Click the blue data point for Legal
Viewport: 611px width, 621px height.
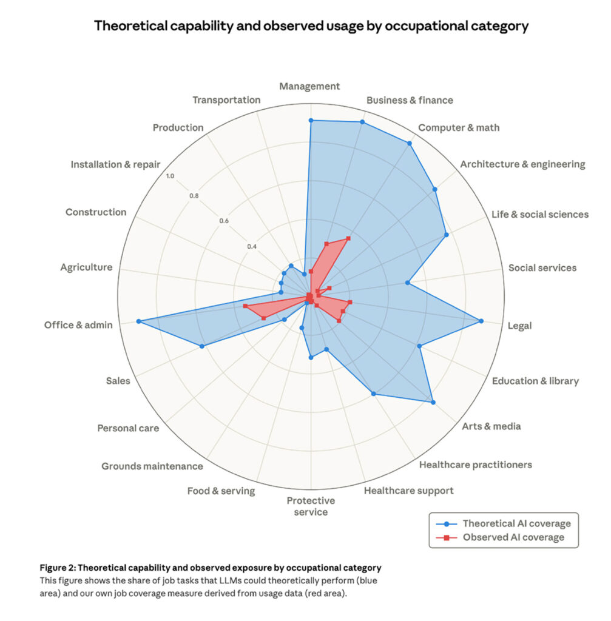tap(481, 321)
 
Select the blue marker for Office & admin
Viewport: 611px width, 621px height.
tap(138, 321)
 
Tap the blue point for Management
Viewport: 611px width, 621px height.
tap(311, 121)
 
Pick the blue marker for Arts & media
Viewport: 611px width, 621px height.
tap(433, 401)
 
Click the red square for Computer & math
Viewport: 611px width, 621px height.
tap(348, 238)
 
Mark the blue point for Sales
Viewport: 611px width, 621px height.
tap(202, 346)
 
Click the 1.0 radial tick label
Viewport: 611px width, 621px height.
tap(169, 176)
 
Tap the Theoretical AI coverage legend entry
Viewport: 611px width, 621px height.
tap(516, 523)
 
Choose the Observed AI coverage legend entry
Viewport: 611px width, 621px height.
tap(513, 537)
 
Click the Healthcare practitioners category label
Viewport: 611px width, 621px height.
tap(475, 465)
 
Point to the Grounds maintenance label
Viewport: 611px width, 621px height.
tap(152, 466)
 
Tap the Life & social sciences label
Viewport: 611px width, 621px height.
tap(539, 214)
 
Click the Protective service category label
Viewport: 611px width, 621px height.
tap(311, 506)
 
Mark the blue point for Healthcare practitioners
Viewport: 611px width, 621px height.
tap(373, 394)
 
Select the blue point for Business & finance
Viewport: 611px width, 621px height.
tap(362, 123)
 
